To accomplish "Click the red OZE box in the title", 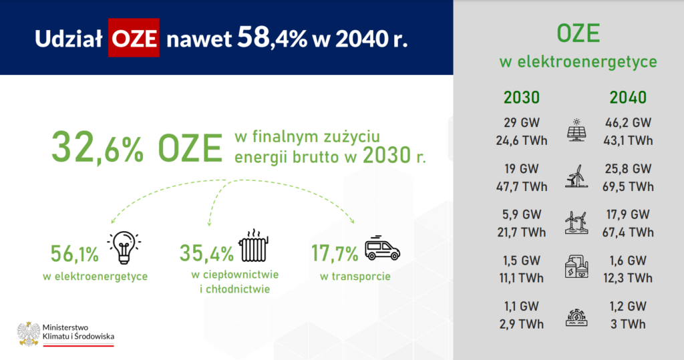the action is click(x=134, y=38).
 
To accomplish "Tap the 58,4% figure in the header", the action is click(x=273, y=37).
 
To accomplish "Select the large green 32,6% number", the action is click(x=98, y=148).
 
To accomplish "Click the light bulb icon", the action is click(x=124, y=247).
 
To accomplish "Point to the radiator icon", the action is click(x=253, y=245).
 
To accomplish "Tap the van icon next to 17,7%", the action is click(x=382, y=248).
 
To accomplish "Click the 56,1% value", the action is click(x=75, y=254).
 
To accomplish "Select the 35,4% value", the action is click(x=207, y=254).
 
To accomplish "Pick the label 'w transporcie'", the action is click(x=355, y=277).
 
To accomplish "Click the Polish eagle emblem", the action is click(x=29, y=334).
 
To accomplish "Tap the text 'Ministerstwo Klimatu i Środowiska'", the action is click(x=79, y=332).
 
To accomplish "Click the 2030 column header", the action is click(x=522, y=98).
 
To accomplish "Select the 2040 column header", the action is click(x=628, y=98).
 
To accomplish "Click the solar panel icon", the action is click(x=576, y=130).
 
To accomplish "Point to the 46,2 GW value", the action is click(x=628, y=123).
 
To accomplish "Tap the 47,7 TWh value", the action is click(x=522, y=187).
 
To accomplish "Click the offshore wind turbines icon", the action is click(x=576, y=223).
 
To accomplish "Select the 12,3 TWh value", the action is click(x=628, y=278).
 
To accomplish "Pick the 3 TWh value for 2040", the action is click(x=628, y=324).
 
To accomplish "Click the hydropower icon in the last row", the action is click(x=576, y=317).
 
